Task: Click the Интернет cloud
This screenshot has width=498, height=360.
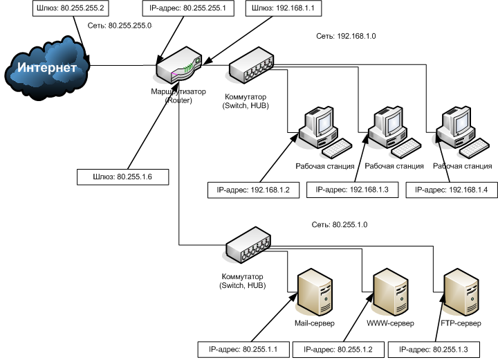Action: [47, 68]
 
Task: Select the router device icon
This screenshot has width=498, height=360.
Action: [179, 66]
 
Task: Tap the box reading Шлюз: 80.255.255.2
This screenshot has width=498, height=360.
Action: [71, 8]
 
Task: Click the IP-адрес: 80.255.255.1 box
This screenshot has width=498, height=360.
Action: [188, 8]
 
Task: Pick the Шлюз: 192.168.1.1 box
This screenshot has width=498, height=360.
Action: [284, 8]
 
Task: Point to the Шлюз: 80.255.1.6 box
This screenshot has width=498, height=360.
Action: [122, 177]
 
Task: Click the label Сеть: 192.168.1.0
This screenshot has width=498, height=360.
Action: [346, 36]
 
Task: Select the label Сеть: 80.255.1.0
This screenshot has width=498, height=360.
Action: [340, 225]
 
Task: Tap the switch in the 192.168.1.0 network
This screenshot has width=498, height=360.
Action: [251, 66]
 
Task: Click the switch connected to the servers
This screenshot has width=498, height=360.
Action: [248, 245]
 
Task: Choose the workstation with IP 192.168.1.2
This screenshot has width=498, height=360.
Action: [324, 132]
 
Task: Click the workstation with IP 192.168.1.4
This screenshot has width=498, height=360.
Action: [463, 132]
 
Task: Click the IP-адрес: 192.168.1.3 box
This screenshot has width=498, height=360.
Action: [352, 190]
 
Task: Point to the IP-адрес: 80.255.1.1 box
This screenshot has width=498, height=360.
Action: [243, 350]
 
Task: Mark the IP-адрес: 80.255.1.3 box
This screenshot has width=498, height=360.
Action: [434, 350]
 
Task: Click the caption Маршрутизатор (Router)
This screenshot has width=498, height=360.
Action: [178, 96]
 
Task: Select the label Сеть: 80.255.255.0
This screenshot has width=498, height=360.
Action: [120, 26]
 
